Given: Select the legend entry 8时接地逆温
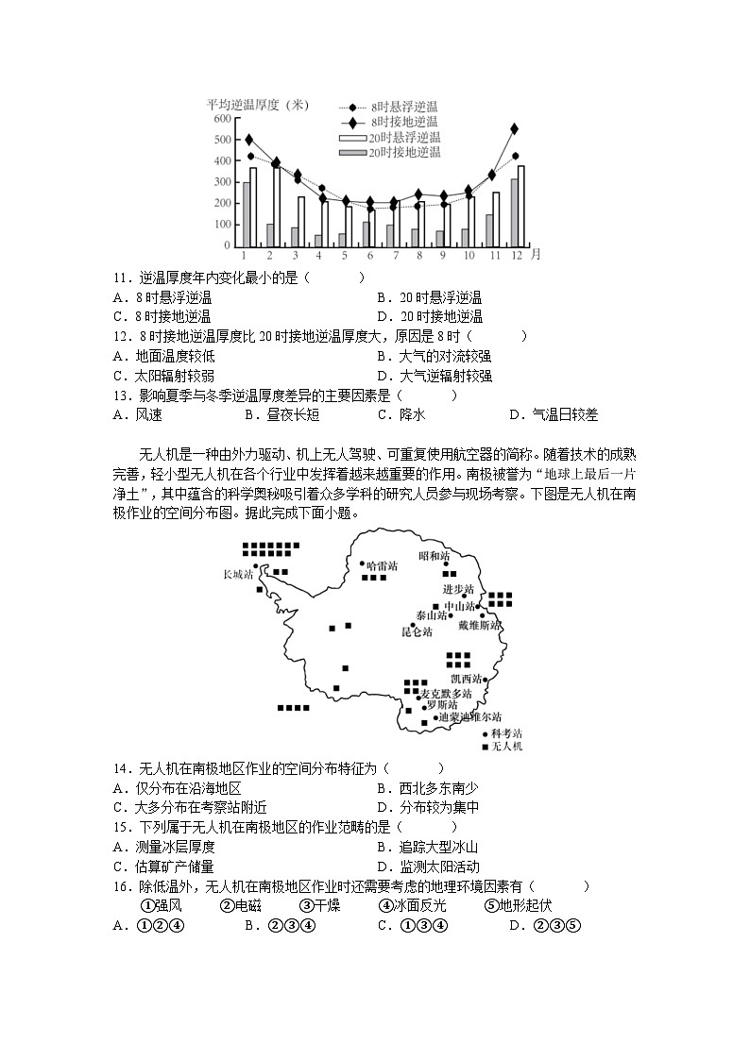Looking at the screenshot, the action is [403, 122].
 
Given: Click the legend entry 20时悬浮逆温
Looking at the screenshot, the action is [404, 137].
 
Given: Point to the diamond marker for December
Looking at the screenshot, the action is [514, 128].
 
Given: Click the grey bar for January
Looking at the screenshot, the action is [246, 214].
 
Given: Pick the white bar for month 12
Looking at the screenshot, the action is [520, 206].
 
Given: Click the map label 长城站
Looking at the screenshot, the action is [238, 574].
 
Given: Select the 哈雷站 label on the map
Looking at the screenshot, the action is [382, 565].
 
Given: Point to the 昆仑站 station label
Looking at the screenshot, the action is [417, 631].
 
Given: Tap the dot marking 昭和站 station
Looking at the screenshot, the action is [446, 564].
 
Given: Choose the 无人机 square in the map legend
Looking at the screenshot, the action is [486, 746].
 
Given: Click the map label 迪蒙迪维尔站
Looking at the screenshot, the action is [470, 717].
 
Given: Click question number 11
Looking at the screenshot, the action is [119, 278].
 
